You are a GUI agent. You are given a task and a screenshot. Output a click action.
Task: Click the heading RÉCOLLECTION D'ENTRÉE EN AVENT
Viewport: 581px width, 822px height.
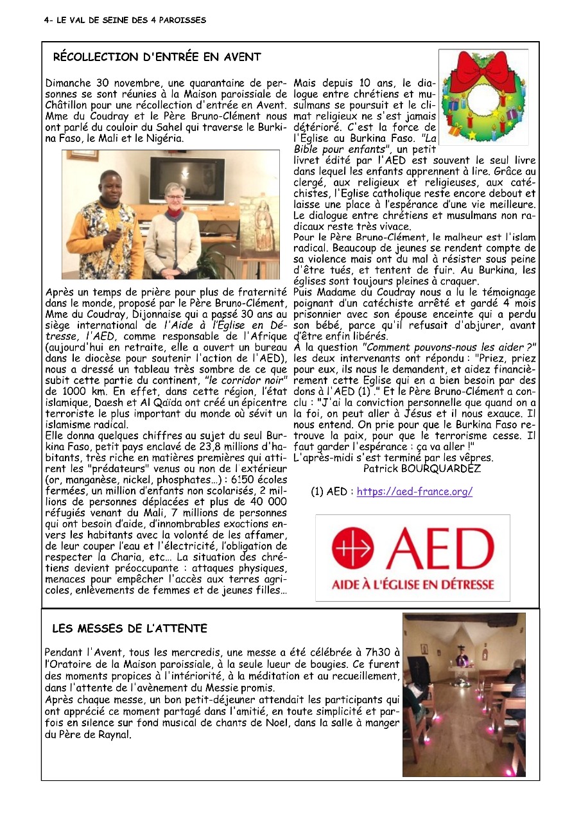pos(157,57)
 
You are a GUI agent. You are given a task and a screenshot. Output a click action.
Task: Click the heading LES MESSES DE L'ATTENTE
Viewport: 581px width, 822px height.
pos(130,628)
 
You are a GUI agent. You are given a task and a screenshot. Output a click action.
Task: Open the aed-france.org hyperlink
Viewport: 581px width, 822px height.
pos(414,492)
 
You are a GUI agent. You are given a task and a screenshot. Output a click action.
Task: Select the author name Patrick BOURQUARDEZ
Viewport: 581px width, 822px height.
pos(422,469)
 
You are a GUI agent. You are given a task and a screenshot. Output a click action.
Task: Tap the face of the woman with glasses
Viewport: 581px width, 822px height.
pos(174,194)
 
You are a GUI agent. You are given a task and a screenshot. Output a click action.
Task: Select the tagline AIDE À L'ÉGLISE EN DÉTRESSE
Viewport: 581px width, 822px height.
pos(413,586)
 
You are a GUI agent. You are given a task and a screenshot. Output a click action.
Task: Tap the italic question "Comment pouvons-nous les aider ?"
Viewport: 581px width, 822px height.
pos(449,347)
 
